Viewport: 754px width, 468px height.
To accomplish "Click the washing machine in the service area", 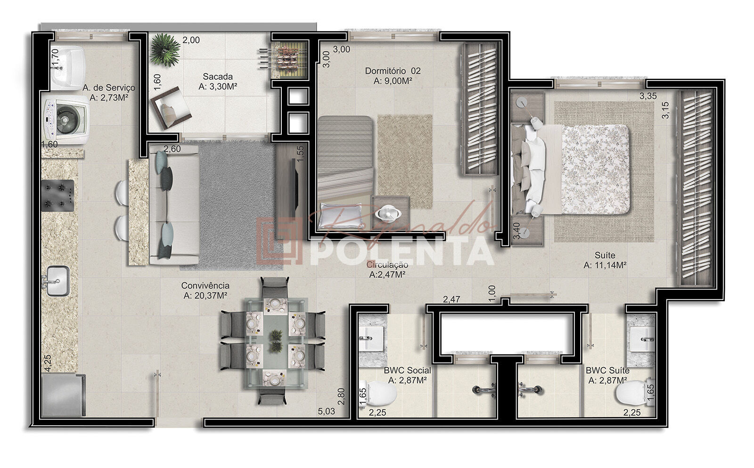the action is tap(66, 119).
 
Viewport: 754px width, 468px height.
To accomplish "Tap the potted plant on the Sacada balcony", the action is tap(165, 50).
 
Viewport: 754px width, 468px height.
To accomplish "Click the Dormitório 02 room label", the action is tap(393, 71).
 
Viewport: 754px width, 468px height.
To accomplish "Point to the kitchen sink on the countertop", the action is tap(57, 281).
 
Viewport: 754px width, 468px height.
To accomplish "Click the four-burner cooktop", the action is tap(57, 196).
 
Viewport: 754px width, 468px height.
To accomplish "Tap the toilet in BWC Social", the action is tap(378, 393).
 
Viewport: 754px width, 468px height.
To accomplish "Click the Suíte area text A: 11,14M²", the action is tap(605, 265).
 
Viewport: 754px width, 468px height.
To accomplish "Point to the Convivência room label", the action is tap(205, 286).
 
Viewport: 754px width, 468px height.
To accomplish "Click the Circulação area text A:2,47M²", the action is tap(387, 274).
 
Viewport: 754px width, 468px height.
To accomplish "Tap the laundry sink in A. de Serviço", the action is tap(68, 68).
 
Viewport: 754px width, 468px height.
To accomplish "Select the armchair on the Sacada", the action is tap(171, 108).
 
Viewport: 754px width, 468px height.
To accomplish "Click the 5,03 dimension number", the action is tap(327, 411).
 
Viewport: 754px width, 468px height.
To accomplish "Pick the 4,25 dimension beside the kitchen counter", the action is tap(48, 363).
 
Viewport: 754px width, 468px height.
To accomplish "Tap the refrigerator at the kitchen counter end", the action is tap(63, 395).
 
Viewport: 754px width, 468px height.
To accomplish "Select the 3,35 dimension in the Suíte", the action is tap(648, 96).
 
